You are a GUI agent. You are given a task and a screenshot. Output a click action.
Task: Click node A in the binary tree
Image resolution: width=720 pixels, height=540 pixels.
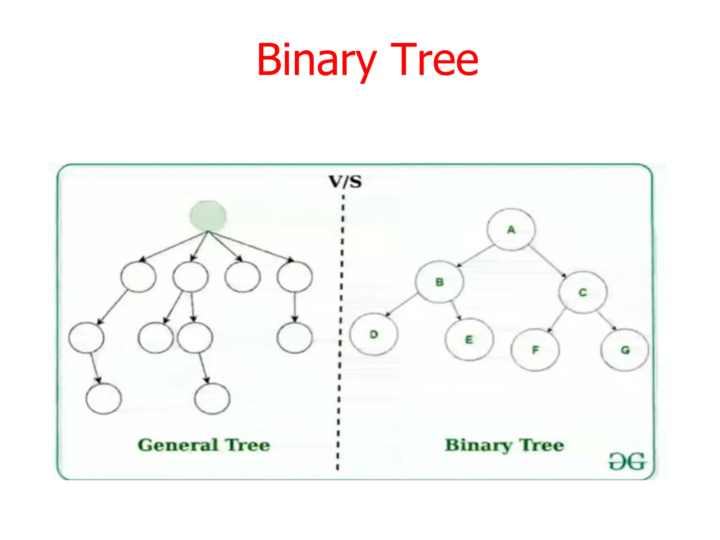(x=511, y=230)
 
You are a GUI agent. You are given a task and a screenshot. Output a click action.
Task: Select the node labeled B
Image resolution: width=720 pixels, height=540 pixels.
(x=439, y=282)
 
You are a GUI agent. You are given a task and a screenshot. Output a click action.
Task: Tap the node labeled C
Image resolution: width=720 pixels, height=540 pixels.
(x=583, y=292)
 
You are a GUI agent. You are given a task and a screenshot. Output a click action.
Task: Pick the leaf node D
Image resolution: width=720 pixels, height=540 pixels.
(x=374, y=334)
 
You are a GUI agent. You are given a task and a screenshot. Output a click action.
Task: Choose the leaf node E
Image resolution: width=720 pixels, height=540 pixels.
(x=469, y=339)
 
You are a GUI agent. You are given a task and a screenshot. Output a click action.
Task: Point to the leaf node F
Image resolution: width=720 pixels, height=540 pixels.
(x=535, y=349)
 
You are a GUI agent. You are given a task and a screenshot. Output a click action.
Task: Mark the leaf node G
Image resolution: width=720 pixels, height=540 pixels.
(x=625, y=349)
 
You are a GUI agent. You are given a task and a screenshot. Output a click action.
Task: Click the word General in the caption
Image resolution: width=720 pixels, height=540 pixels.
(x=178, y=445)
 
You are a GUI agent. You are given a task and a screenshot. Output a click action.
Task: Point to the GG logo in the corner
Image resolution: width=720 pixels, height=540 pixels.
(x=627, y=461)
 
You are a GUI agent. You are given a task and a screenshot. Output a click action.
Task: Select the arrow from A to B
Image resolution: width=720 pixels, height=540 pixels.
(x=475, y=256)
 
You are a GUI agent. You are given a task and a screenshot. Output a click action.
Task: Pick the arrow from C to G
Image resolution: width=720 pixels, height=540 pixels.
(x=607, y=321)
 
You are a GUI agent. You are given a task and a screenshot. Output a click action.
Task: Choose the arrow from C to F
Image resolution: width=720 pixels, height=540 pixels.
(x=556, y=321)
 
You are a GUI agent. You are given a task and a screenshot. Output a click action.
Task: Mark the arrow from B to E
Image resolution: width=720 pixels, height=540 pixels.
(x=456, y=310)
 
